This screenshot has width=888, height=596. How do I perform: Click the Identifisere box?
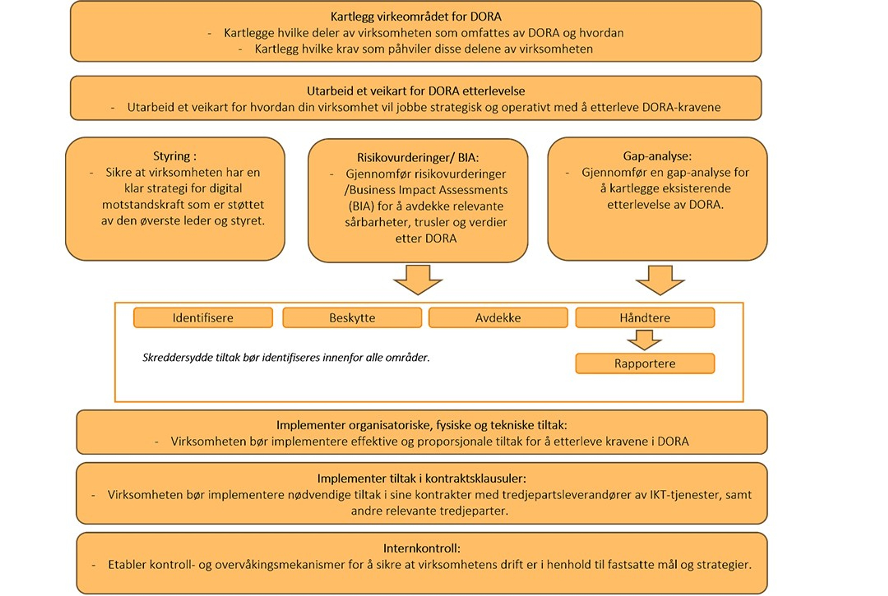pyautogui.click(x=203, y=318)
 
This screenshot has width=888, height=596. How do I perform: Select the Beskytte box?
pyautogui.click(x=352, y=318)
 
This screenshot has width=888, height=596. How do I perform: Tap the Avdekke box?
pyautogui.click(x=498, y=318)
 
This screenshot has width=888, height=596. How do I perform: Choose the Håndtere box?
pyautogui.click(x=645, y=318)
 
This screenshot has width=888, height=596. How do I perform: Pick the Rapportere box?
pyautogui.click(x=645, y=364)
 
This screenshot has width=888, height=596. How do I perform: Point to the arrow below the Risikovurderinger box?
pyautogui.click(x=418, y=280)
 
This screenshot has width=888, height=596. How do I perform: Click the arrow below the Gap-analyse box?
pyautogui.click(x=660, y=280)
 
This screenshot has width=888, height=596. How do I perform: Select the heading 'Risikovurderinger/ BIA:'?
pyautogui.click(x=418, y=158)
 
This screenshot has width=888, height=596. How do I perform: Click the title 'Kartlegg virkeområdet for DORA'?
pyautogui.click(x=416, y=17)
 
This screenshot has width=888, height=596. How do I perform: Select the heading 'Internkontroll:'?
pyautogui.click(x=422, y=548)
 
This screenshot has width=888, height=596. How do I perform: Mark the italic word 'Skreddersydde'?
pyautogui.click(x=178, y=358)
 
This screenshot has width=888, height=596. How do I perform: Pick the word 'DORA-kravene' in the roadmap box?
pyautogui.click(x=681, y=108)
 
